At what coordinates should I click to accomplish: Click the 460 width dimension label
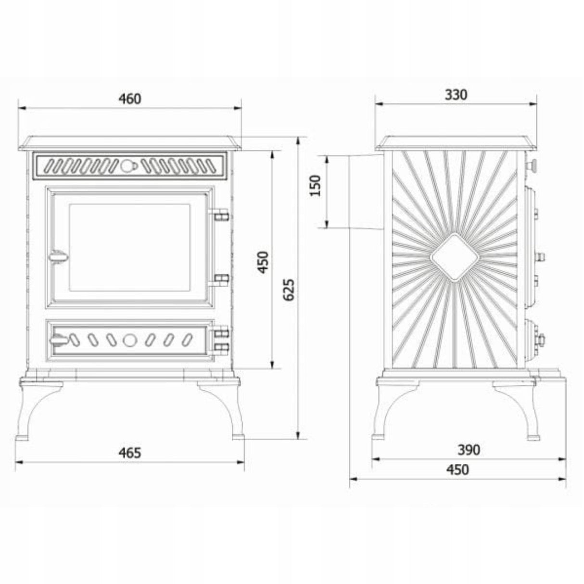coord(130,99)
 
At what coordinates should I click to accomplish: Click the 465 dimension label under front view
coord(130,453)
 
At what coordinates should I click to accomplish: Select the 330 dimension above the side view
coord(456,95)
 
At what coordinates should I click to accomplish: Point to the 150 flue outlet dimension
coord(316,186)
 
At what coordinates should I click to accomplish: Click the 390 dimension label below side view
coord(469,450)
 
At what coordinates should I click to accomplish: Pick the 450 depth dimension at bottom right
coord(457,470)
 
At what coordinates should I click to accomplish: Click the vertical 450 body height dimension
coord(263,263)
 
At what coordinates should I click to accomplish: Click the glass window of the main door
coord(130,248)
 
